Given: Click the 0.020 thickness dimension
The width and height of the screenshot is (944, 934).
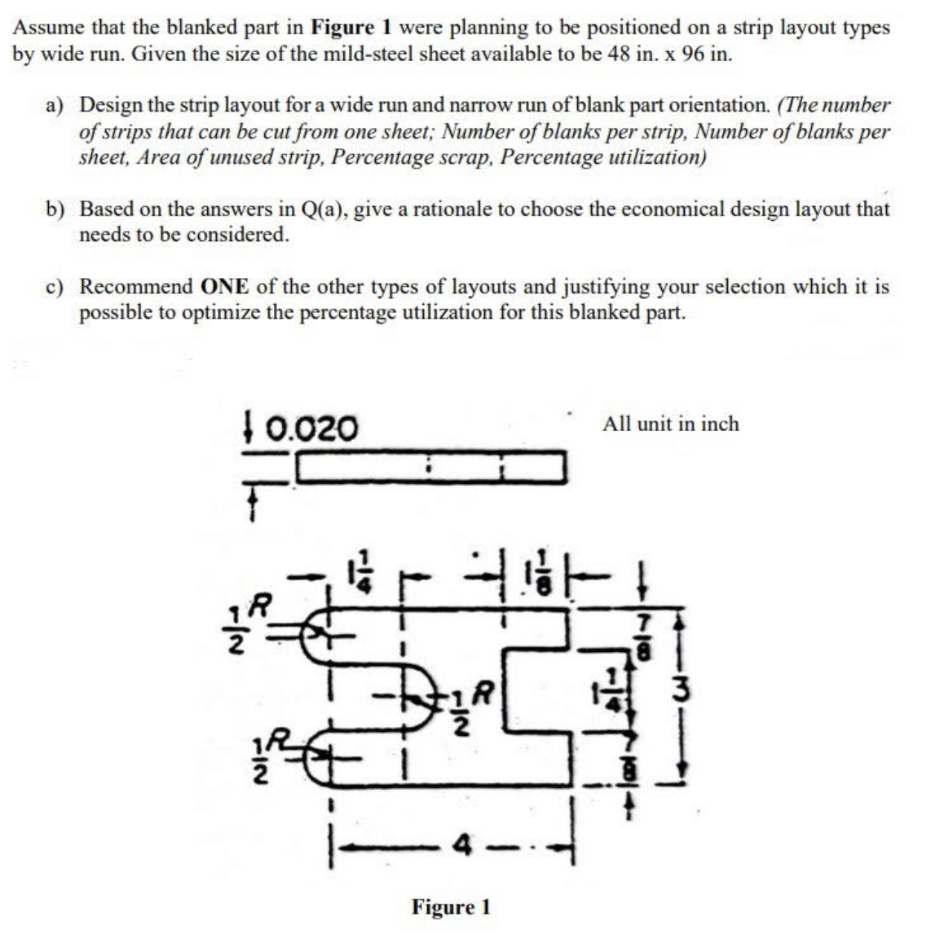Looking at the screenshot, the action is [x=312, y=426].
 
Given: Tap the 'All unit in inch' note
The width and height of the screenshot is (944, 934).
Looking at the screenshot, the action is [x=670, y=424].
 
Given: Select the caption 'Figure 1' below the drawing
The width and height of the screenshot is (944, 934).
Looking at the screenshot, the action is [x=451, y=906].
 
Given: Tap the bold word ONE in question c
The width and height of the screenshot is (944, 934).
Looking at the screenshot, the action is [x=223, y=287].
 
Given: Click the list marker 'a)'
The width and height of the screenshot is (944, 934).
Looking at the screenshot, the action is [x=55, y=105].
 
